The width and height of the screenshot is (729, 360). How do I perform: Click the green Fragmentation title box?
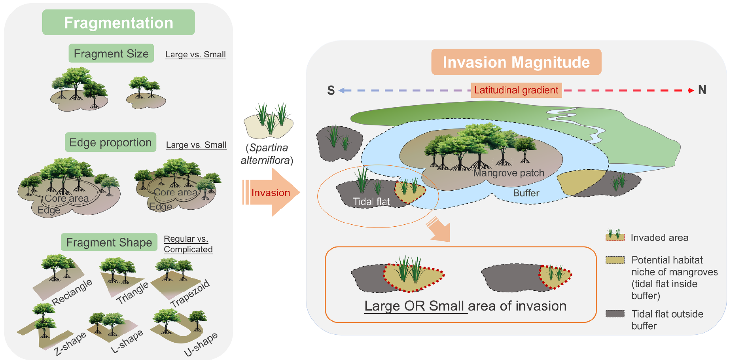point(118,23)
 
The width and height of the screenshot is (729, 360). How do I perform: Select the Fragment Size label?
point(111,53)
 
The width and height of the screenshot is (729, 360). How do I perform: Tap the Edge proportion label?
point(110,142)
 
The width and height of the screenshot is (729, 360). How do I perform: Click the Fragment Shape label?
point(109,242)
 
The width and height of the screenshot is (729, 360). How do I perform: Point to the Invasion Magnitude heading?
point(516,62)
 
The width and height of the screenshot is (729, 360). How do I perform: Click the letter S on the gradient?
point(331,91)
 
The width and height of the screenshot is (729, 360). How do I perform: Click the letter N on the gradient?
point(702,90)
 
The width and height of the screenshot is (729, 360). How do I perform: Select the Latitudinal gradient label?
point(516,90)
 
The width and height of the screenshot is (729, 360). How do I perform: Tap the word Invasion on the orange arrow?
point(271,193)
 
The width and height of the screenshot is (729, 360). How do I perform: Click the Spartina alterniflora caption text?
point(268,154)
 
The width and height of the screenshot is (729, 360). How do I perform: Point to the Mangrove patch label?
point(509,173)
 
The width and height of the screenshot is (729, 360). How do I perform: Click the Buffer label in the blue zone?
point(526,193)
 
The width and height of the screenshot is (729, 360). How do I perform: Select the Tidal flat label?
point(371,202)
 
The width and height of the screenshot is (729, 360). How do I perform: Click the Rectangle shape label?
point(72,292)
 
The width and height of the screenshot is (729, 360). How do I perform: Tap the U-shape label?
point(201,344)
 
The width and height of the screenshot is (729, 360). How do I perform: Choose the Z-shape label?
point(70,344)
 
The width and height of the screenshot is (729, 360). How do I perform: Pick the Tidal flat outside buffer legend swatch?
point(615,314)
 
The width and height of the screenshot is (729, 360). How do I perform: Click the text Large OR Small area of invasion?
point(465,306)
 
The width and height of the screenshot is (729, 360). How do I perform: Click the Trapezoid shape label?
point(190,294)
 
